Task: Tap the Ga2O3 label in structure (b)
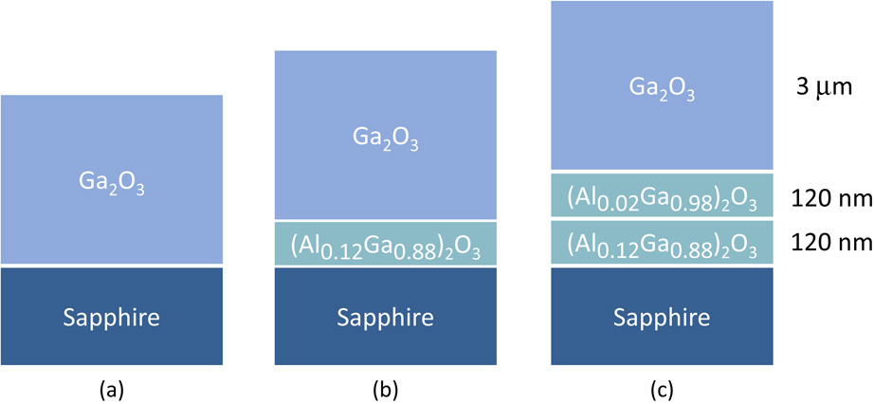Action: tap(385, 141)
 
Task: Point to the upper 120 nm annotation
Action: tap(830, 196)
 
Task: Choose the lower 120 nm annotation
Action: tap(830, 244)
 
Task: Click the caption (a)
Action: tap(111, 387)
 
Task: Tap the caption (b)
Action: tap(385, 387)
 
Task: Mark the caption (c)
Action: tap(662, 387)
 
